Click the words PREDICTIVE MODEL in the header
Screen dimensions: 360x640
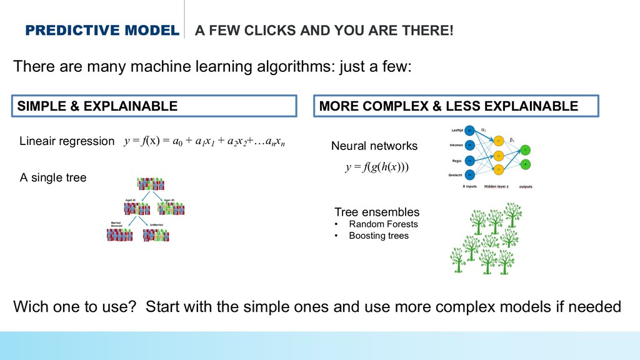(x=101, y=31)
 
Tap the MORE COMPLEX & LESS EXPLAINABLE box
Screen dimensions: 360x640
(x=456, y=106)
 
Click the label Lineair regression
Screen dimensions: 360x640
(x=67, y=141)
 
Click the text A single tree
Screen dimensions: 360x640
(x=53, y=178)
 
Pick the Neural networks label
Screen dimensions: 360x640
(x=374, y=146)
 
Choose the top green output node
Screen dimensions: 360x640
(x=526, y=149)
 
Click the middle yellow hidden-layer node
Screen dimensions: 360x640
(x=498, y=155)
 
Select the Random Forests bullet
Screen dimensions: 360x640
(x=383, y=224)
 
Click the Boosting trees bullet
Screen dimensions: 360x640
(x=378, y=236)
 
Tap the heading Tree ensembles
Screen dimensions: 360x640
(x=377, y=212)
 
